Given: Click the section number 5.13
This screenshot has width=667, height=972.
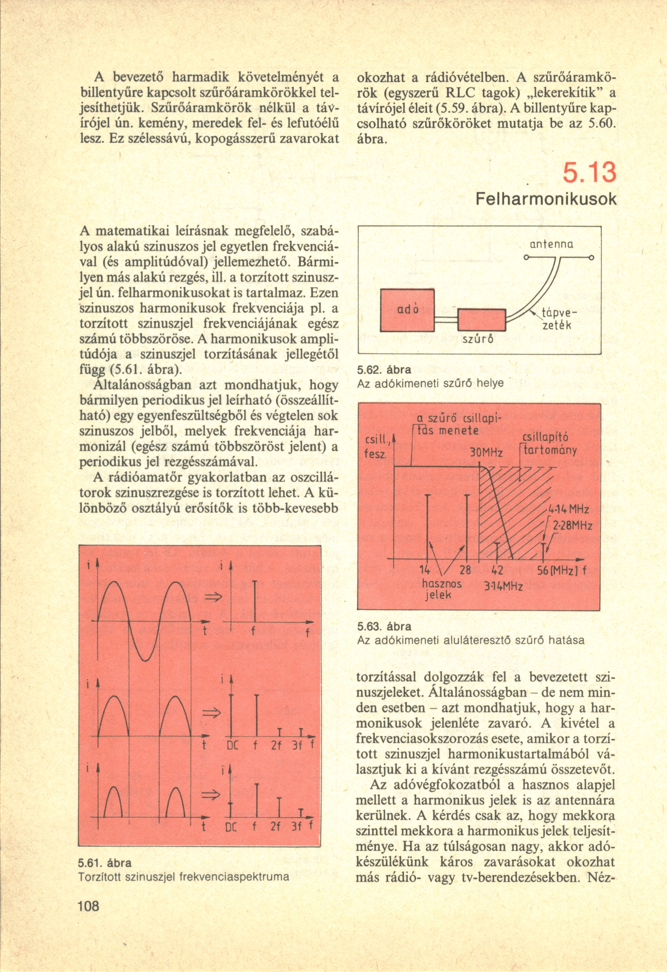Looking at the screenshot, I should coord(589,174).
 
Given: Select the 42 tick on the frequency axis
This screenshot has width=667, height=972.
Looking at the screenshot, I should coord(497,570).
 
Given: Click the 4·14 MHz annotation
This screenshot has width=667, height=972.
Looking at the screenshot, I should coord(569,510).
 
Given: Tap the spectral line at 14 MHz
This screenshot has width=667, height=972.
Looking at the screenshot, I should coord(427,527).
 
